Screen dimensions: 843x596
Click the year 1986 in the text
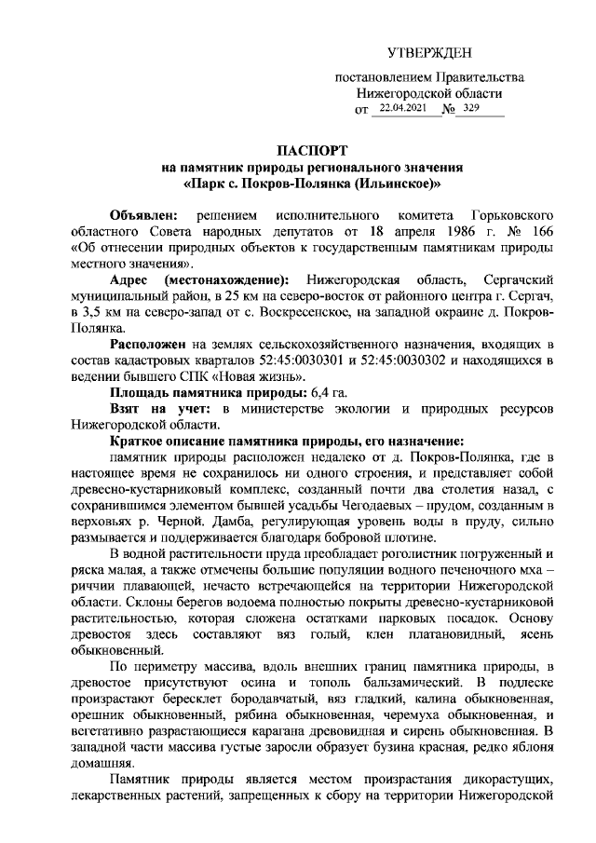tap(429, 232)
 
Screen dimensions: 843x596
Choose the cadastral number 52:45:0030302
tap(437, 361)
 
